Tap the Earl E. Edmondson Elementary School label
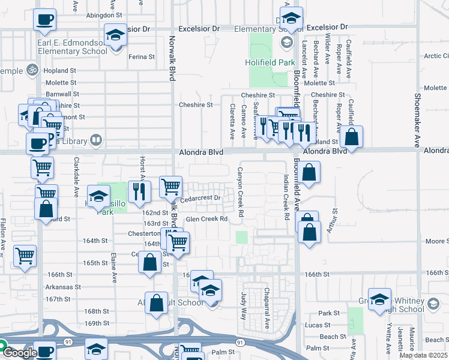72,46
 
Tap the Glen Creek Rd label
206,219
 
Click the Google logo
20,353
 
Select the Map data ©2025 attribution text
423,355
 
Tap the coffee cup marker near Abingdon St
45,19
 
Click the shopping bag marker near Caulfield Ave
351,137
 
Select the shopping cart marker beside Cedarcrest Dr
171,186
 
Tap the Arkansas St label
63,287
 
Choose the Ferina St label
142,58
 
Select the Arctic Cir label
436,56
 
